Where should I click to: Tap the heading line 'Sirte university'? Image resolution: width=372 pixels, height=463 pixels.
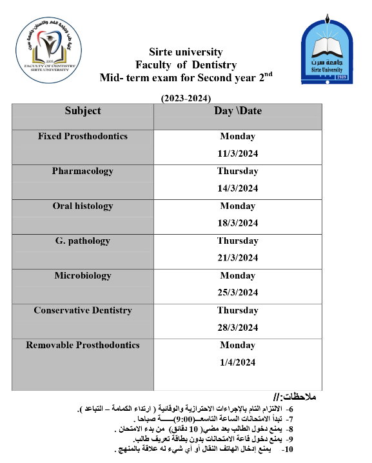[186, 52]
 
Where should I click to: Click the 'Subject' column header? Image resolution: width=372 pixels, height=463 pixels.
[83, 111]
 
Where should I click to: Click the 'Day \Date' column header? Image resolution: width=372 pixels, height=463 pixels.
[238, 111]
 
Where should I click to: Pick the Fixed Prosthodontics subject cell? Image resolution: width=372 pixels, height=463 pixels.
[83, 137]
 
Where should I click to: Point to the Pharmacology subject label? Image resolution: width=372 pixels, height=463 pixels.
[83, 172]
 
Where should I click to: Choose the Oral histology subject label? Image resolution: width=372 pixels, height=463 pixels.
[83, 206]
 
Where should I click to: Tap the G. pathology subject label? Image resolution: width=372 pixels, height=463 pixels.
[83, 241]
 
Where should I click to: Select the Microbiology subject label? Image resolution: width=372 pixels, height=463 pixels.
[83, 276]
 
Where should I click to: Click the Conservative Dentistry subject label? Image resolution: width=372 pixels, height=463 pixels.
[83, 311]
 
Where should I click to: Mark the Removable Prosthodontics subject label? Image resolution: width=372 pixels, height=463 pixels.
[83, 346]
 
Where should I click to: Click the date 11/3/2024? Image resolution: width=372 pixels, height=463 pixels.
[238, 153]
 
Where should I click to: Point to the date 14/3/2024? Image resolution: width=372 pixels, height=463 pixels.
[238, 188]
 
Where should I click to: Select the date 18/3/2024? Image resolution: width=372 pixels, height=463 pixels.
[238, 223]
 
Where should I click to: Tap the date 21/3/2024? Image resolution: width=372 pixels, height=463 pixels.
[238, 258]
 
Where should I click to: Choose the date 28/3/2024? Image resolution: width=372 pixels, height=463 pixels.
[238, 328]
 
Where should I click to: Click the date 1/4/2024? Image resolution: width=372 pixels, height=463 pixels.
[238, 362]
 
